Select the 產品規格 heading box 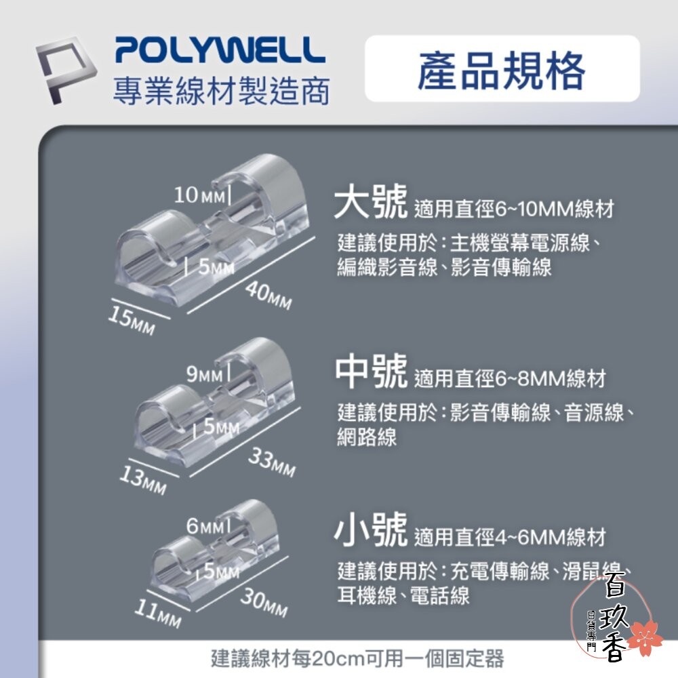502,69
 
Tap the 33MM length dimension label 271,462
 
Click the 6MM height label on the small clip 205,526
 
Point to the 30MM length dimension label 264,601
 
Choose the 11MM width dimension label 157,613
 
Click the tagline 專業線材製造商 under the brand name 221,90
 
